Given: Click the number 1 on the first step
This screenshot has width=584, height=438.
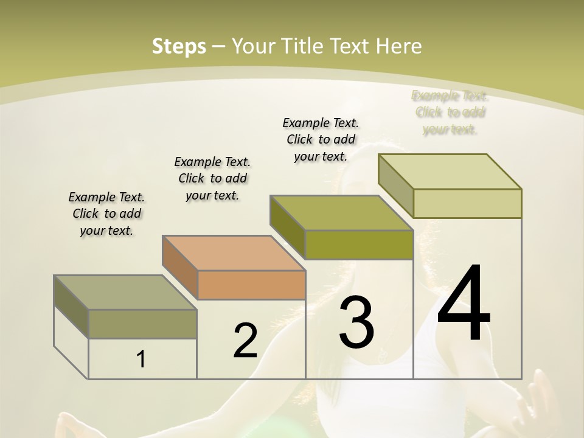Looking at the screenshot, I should click(141, 360).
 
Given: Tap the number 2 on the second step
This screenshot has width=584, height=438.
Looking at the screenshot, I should click(245, 341).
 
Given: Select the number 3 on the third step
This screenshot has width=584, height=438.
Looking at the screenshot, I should click(356, 322).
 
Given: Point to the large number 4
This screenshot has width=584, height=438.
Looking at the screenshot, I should click(464, 302).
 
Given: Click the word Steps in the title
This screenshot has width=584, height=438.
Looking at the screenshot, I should click(179, 46).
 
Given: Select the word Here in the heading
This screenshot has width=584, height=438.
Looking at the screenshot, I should click(398, 46).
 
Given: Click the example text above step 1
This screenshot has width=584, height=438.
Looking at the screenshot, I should click(106, 214).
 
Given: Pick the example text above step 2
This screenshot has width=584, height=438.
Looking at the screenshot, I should click(212, 178).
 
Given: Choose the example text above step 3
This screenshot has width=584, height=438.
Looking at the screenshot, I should click(321, 139).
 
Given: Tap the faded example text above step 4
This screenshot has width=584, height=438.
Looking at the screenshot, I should click(450, 113).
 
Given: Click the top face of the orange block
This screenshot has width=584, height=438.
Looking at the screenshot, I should click(234, 253).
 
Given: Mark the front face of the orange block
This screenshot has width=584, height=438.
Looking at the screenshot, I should click(251, 285).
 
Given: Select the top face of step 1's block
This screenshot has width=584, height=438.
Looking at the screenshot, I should click(125, 293).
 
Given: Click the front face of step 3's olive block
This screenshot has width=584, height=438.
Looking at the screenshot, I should click(359, 245).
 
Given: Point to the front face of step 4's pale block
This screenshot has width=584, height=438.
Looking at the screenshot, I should click(467, 203).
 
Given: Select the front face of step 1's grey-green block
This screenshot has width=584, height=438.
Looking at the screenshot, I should click(142, 324).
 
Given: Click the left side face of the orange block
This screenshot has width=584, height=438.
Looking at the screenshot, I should click(179, 266).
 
